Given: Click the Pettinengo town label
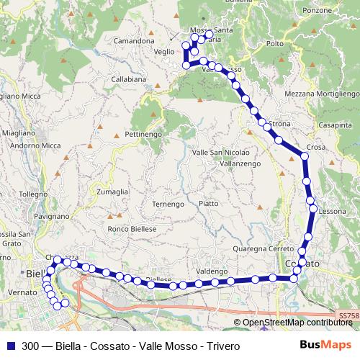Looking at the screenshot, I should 143,135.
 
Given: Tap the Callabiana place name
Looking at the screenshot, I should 128,79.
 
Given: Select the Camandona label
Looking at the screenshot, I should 133,42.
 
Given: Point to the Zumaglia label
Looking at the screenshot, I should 112,192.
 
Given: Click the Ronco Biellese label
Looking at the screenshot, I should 132,228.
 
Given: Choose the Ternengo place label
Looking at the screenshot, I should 168,204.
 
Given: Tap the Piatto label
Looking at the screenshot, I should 209,204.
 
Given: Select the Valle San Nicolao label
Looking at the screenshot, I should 221,153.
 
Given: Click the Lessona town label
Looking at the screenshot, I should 333,212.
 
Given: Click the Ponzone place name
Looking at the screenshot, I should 318,11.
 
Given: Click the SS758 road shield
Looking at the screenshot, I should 348,315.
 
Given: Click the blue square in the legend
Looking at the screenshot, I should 10,346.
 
